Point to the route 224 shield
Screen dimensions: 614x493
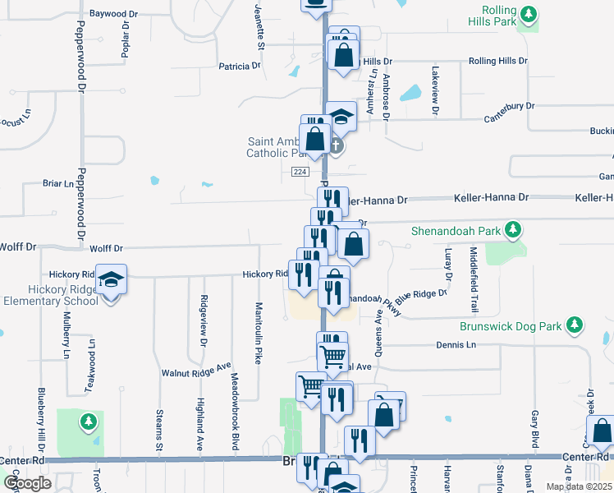point(300,171)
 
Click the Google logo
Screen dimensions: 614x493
point(27,483)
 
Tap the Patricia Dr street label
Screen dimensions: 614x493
point(239,65)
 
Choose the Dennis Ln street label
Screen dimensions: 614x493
point(456,345)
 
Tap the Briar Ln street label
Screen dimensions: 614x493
point(57,183)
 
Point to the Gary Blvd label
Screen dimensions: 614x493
point(534,429)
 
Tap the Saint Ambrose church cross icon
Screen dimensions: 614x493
point(336,146)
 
